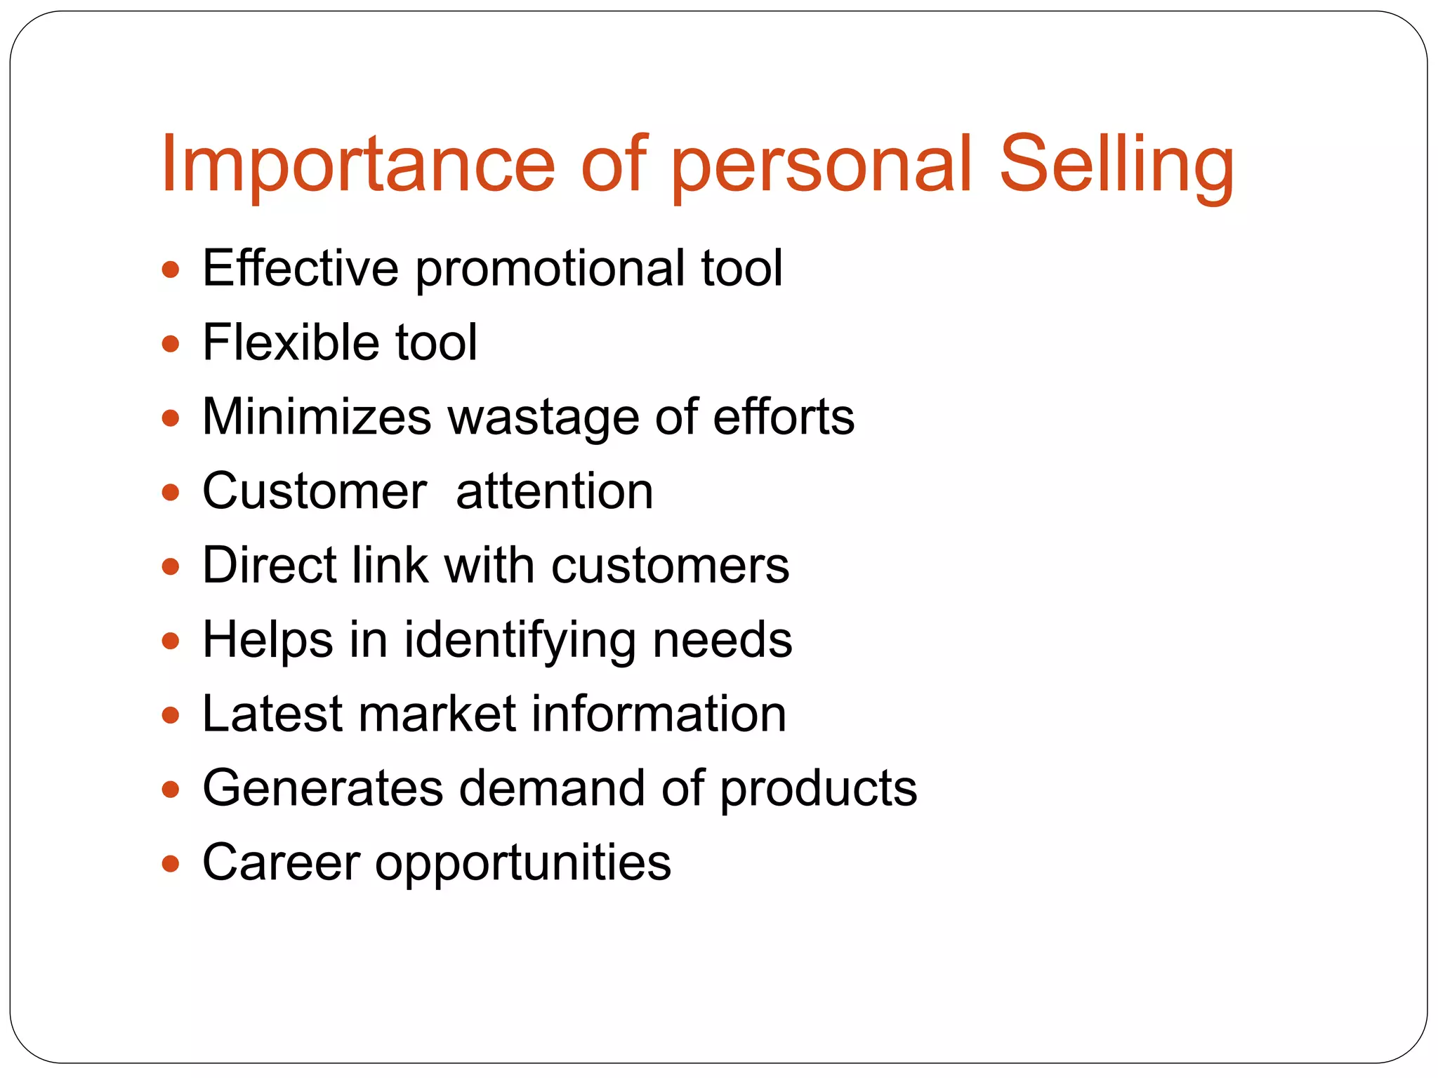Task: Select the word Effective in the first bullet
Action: click(x=301, y=268)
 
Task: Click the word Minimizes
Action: click(x=317, y=417)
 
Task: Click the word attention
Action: click(x=555, y=491)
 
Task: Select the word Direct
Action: click(x=270, y=565)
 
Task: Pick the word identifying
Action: click(x=520, y=641)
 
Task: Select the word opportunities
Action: click(x=523, y=865)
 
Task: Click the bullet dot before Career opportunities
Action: click(x=171, y=864)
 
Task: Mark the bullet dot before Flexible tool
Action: click(x=171, y=345)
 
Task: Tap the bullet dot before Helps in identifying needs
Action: click(x=171, y=641)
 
